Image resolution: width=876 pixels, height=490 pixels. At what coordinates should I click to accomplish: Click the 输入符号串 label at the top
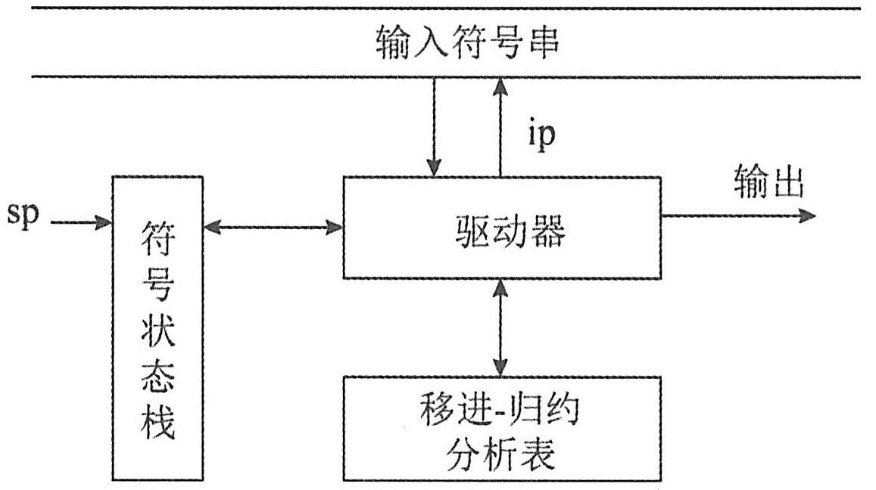pyautogui.click(x=467, y=43)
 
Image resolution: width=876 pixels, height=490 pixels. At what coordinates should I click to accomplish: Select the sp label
pyautogui.click(x=23, y=216)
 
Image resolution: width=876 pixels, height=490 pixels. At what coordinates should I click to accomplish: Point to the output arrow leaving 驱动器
pyautogui.click(x=738, y=216)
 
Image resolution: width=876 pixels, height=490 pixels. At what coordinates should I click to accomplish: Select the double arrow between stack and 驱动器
pyautogui.click(x=273, y=225)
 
